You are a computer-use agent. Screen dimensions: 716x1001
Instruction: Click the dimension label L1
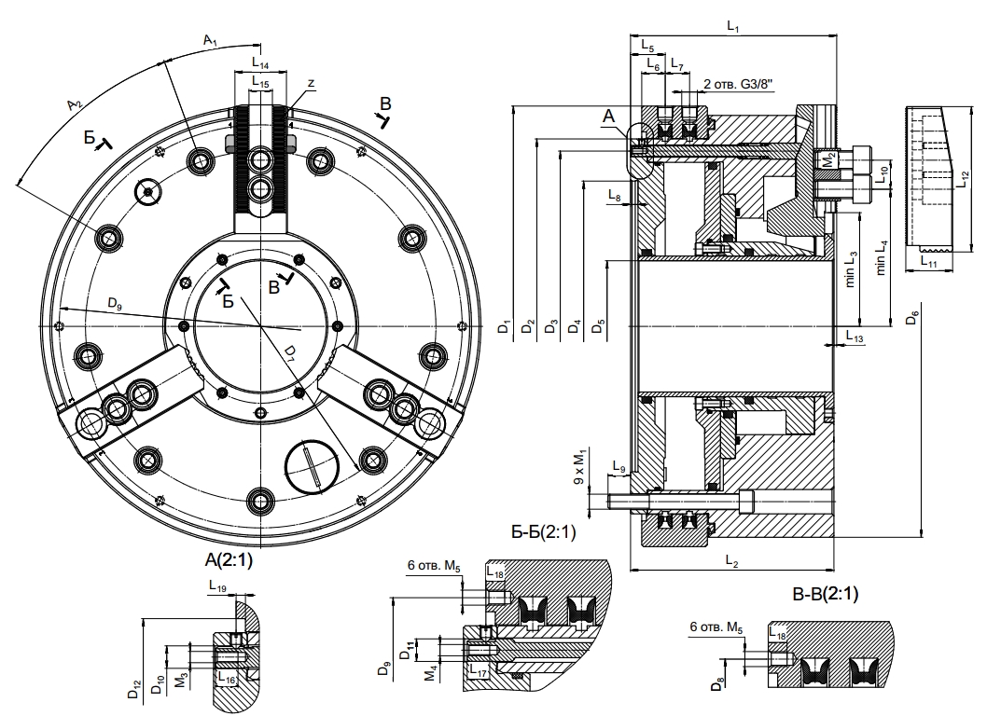732,29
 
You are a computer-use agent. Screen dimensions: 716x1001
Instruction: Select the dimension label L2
731,562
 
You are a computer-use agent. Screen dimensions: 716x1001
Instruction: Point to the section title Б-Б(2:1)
544,532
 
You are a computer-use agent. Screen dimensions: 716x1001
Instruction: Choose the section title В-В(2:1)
825,594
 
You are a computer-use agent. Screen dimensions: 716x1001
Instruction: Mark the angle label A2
76,105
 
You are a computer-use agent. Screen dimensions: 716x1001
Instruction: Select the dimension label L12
964,180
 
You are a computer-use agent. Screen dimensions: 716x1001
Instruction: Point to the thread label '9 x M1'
580,466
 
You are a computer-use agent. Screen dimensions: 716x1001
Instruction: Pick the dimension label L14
260,65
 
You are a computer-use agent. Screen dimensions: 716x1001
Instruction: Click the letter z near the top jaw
311,84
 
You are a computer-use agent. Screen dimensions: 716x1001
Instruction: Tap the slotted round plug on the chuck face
309,465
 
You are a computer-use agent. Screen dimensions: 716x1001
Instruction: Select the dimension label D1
504,327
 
